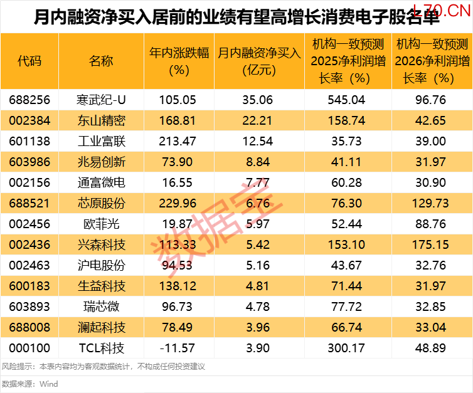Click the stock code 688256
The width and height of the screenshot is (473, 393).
pyautogui.click(x=29, y=100)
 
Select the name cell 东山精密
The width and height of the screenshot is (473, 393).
pyautogui.click(x=102, y=120)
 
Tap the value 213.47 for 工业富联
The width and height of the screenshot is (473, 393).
pyautogui.click(x=178, y=141)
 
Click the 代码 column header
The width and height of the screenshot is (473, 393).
pyautogui.click(x=29, y=61)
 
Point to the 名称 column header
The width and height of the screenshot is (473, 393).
pyautogui.click(x=102, y=61)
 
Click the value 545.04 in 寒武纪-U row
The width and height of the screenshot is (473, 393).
pyautogui.click(x=347, y=100)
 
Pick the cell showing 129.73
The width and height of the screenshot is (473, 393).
pyautogui.click(x=430, y=203)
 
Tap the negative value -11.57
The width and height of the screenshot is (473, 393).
pyautogui.click(x=178, y=348)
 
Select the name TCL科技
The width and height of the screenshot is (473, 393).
pyautogui.click(x=102, y=348)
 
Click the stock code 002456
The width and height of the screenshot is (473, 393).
pyautogui.click(x=29, y=224)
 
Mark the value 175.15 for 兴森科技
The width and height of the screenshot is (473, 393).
pyautogui.click(x=430, y=244)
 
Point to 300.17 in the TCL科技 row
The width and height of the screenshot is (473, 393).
pyautogui.click(x=347, y=348)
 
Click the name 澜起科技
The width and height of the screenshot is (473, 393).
pyautogui.click(x=102, y=327)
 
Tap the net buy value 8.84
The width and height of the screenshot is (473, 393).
pyautogui.click(x=258, y=162)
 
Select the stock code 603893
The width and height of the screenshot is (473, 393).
pyautogui.click(x=29, y=307)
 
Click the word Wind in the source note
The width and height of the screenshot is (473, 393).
pyautogui.click(x=48, y=384)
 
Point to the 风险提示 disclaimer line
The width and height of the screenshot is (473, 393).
pyautogui.click(x=103, y=367)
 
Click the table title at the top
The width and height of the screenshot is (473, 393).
pyautogui.click(x=236, y=17)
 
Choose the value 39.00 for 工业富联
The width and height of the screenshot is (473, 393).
pyautogui.click(x=430, y=141)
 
